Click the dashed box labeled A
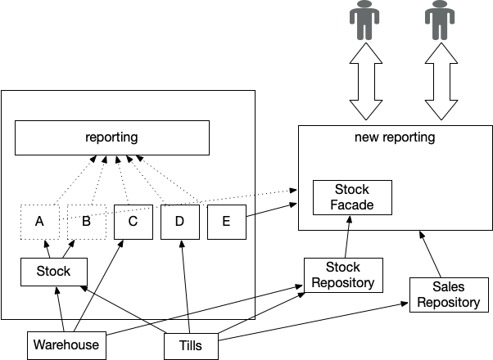point(40,221)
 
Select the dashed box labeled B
point(87,221)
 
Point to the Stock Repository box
point(343,275)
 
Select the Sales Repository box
point(448,295)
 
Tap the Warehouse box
point(66,344)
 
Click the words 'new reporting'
point(395,137)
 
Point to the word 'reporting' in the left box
point(111,137)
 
